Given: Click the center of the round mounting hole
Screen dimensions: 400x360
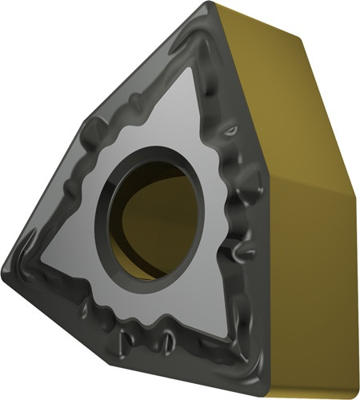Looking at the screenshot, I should tap(150, 211).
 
